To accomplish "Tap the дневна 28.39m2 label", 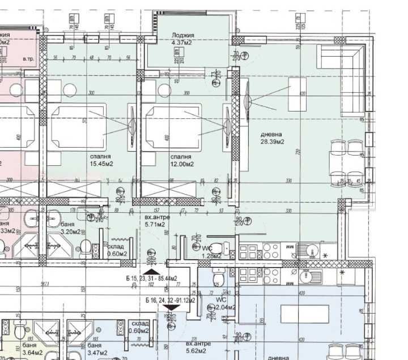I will point(272,138).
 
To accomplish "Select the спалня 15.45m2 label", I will point(100,160).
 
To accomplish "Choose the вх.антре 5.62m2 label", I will point(199,346).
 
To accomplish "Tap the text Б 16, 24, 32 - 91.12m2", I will point(170,300).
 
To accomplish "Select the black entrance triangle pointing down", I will point(173,307).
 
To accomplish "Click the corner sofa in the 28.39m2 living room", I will point(340,76).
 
